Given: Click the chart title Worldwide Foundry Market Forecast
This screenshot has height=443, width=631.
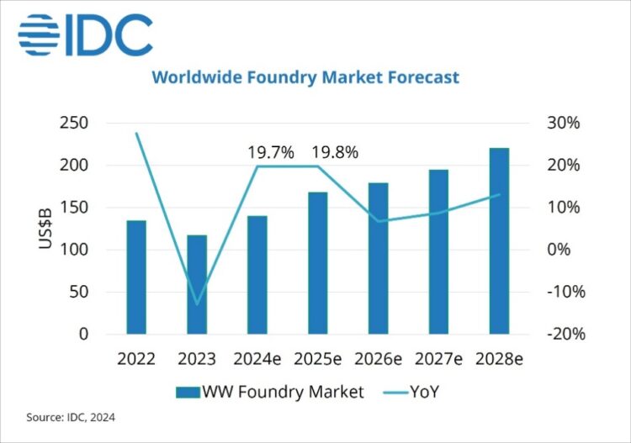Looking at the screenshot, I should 305,77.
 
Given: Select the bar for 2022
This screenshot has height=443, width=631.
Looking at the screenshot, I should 136,277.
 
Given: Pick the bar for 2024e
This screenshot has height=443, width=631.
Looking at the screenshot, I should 257,275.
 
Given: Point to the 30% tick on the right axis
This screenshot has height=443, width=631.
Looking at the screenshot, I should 563,123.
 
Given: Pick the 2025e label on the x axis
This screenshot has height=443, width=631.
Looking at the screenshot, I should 317,359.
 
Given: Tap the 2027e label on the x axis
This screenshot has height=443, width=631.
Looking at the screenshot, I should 438,359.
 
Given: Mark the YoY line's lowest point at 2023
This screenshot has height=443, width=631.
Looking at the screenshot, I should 197,304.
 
